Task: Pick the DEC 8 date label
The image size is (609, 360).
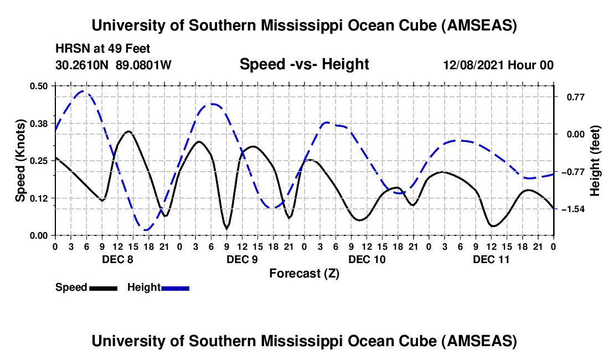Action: tap(117, 259)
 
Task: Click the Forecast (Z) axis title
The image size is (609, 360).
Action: tap(304, 273)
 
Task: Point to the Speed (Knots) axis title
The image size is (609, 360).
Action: tap(20, 160)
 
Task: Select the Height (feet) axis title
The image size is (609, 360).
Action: tap(596, 161)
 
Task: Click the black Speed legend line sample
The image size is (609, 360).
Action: tap(103, 287)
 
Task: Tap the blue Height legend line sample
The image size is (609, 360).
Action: tap(175, 287)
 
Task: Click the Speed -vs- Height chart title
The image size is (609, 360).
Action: tap(304, 65)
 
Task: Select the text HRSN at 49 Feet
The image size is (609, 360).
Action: tap(103, 49)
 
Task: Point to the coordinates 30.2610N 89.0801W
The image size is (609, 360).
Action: tap(113, 65)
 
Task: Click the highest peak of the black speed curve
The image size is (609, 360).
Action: tap(128, 131)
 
